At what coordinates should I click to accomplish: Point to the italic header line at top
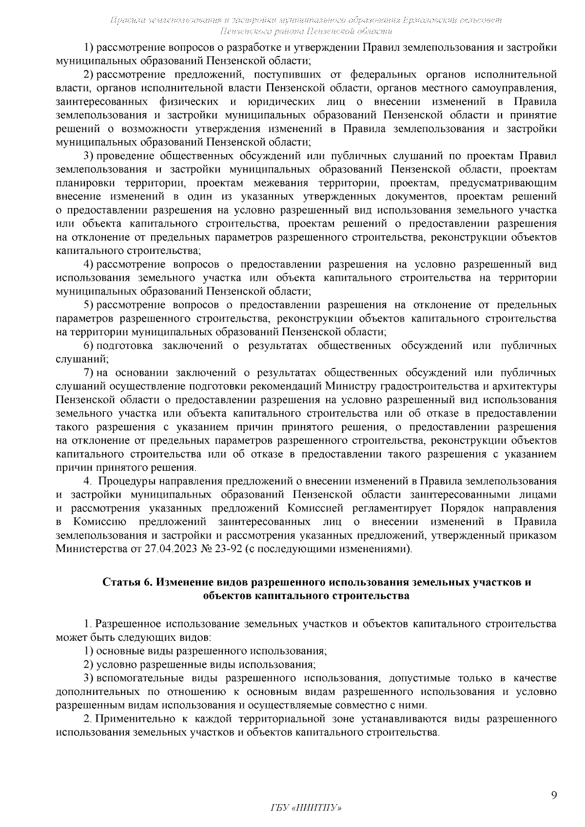tap(306, 20)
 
